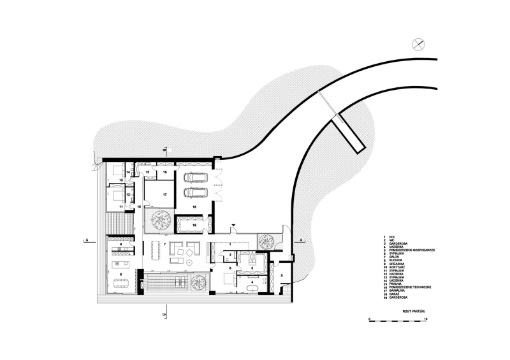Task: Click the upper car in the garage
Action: pos(194,178)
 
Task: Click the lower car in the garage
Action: pos(194,192)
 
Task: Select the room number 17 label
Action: pos(164,194)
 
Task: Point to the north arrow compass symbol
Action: pos(418,43)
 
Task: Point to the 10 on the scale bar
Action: pos(425,319)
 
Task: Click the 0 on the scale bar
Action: pos(369,319)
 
